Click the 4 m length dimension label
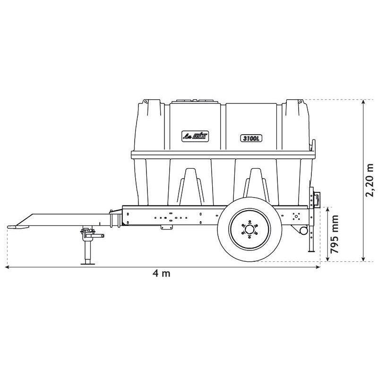click(162, 274)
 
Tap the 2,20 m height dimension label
click(369, 180)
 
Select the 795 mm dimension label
click(335, 234)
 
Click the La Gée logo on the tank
click(195, 137)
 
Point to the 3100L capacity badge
click(251, 138)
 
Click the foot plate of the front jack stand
click(88, 264)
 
